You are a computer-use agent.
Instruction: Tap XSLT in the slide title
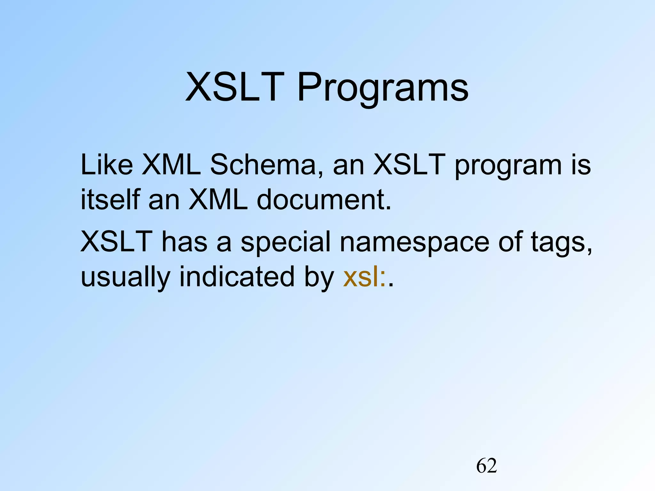pyautogui.click(x=235, y=87)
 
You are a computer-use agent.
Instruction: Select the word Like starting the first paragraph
pyautogui.click(x=107, y=165)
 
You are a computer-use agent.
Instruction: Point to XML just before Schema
pyautogui.click(x=171, y=165)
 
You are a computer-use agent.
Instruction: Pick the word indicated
pyautogui.click(x=237, y=276)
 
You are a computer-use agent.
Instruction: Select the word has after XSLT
pyautogui.click(x=185, y=242)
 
